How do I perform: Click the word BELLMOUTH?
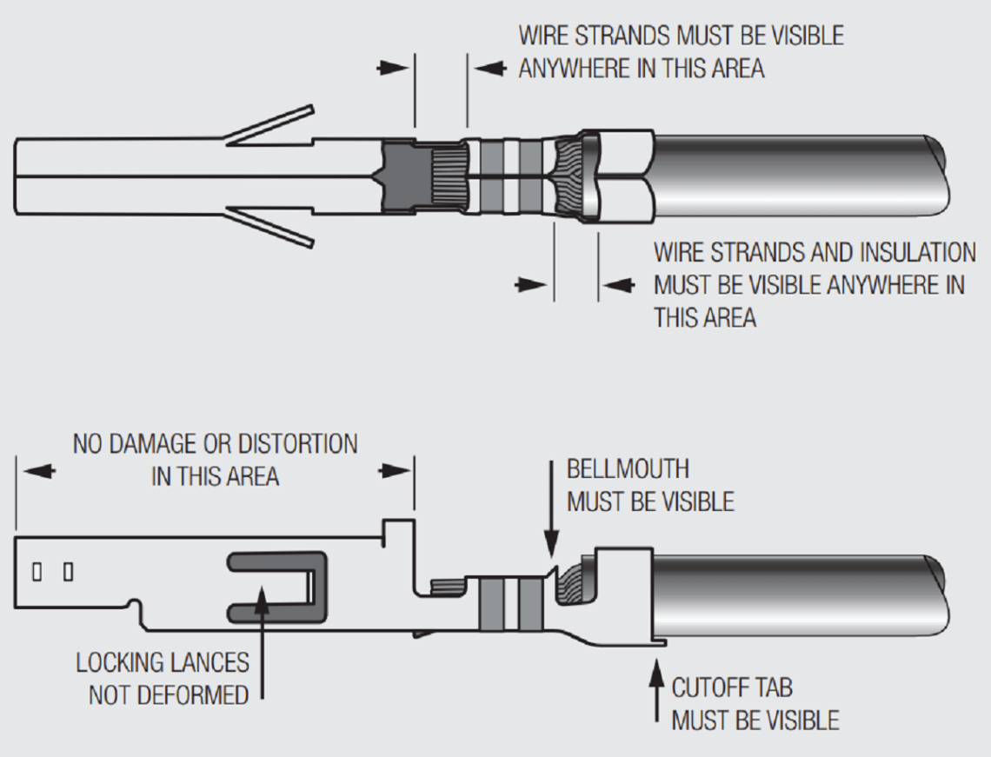click(628, 469)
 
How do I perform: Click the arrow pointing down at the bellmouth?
click(550, 535)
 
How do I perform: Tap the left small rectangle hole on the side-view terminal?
click(37, 572)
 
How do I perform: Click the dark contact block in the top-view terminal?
click(401, 176)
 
